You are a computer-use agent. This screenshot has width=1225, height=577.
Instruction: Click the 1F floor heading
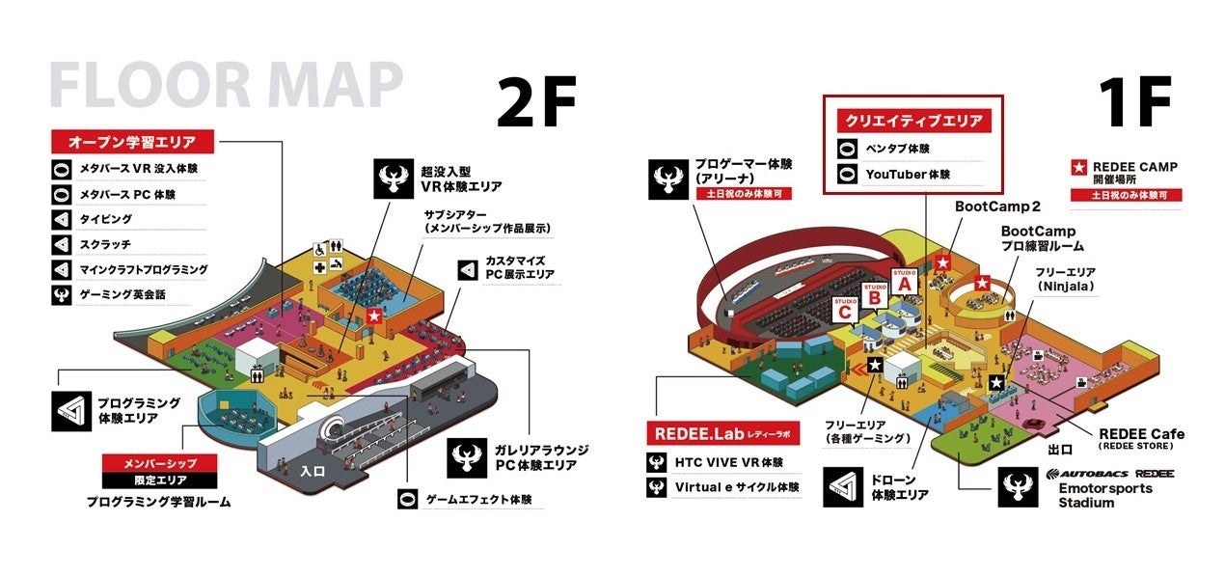pos(1135,102)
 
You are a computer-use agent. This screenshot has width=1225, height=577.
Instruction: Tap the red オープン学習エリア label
pos(131,141)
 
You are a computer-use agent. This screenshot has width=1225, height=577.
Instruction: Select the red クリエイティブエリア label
pos(913,121)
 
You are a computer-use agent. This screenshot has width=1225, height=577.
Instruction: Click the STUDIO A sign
pos(904,280)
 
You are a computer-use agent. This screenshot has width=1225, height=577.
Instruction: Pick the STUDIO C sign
pos(844,310)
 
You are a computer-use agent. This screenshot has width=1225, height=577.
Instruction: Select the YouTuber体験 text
pos(908,175)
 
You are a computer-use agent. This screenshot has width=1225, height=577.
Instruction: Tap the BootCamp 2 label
pos(997,206)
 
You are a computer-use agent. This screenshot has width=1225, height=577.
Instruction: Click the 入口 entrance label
pos(313,471)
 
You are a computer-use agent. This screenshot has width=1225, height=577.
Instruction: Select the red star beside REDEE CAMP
pos(1080,167)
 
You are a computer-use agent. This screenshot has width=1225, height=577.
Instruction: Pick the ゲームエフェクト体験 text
pos(478,500)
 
